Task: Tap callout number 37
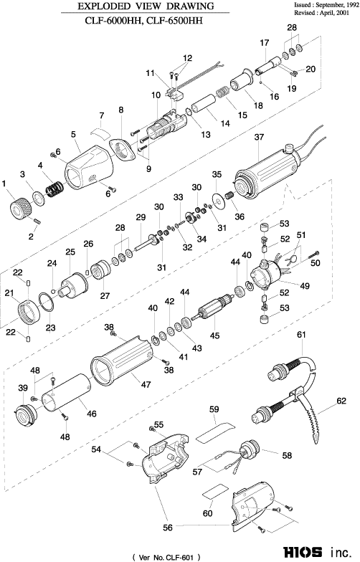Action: (259, 137)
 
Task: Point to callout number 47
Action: (146, 384)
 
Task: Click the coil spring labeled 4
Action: (55, 186)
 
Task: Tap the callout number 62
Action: (341, 401)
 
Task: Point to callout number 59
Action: (214, 409)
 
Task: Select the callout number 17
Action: (264, 43)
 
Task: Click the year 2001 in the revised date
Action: (343, 13)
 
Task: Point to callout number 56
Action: (168, 528)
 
